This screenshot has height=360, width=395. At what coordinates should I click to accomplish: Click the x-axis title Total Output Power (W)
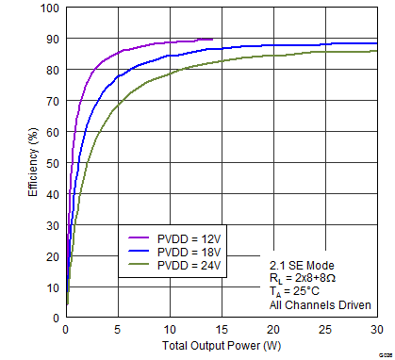[221, 347]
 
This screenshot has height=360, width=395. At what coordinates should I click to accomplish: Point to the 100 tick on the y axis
[49, 8]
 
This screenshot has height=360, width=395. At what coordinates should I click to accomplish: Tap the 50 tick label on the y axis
[52, 163]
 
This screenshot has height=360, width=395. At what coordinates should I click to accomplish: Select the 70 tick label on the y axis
[52, 101]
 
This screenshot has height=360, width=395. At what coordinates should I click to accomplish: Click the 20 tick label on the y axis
[52, 256]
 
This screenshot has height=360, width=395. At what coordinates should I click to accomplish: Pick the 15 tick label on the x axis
[221, 330]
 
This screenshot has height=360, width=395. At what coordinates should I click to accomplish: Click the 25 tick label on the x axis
[325, 330]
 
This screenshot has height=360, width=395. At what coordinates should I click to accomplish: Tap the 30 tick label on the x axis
[377, 330]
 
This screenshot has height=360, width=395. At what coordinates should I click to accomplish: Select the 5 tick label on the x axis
[117, 330]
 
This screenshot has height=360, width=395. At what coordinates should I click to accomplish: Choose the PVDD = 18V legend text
[189, 253]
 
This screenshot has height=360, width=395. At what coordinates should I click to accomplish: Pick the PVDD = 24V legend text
[189, 267]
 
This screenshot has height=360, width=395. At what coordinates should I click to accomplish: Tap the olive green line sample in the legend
[138, 267]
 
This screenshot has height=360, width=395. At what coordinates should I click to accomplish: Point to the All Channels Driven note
[316, 304]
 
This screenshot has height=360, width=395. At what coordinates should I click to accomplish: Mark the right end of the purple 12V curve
[212, 40]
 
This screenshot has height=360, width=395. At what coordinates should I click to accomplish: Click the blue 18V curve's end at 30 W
[377, 43]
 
